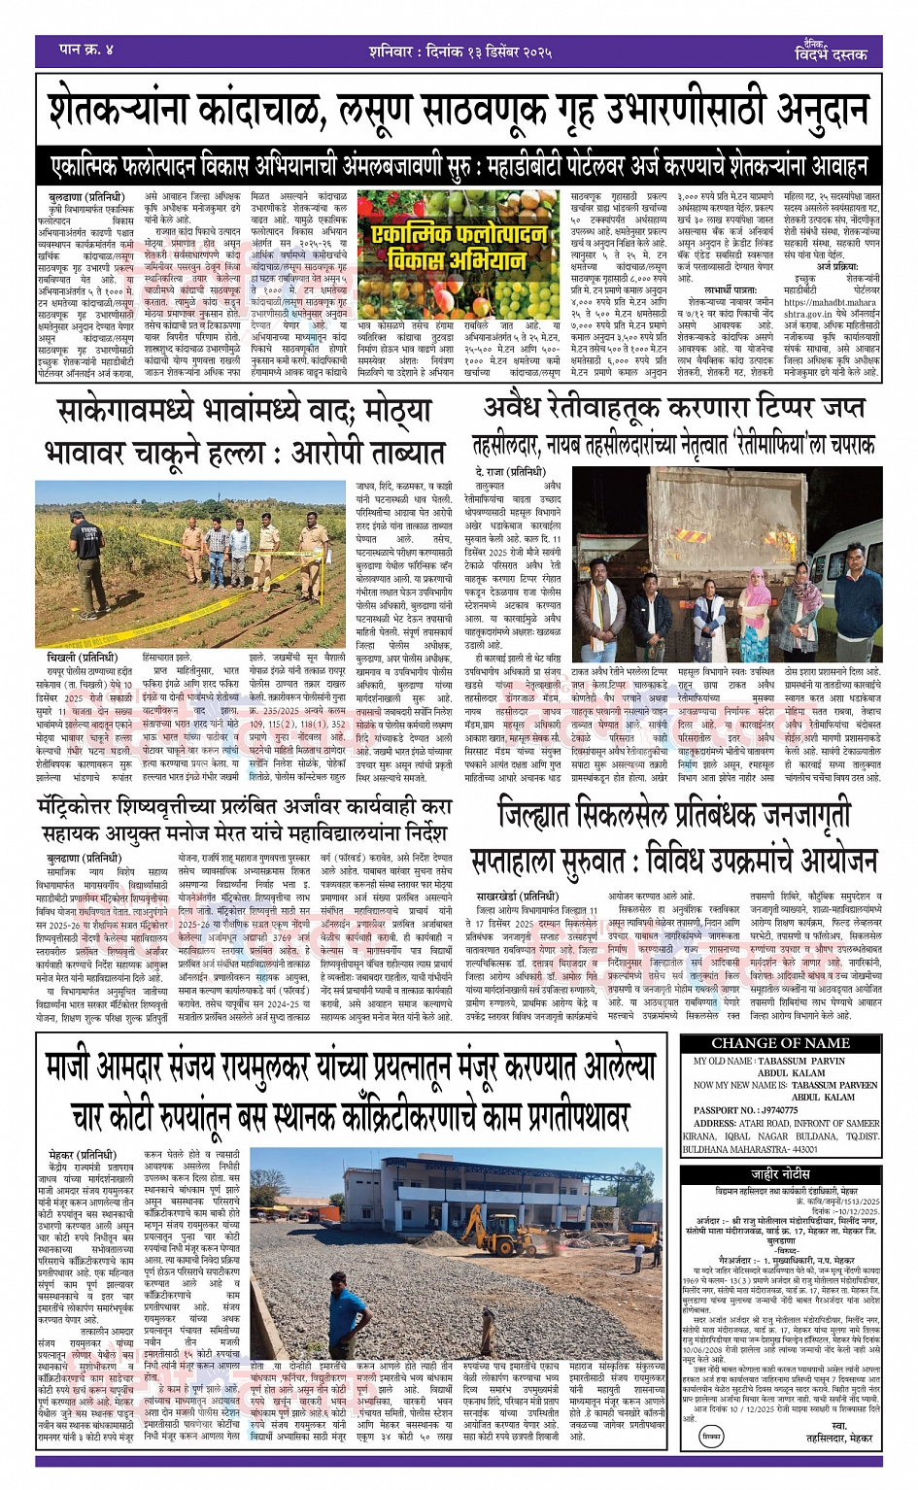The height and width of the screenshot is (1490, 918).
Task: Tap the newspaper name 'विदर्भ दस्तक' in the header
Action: (x=830, y=54)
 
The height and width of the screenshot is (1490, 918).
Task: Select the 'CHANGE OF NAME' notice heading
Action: (x=781, y=1043)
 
